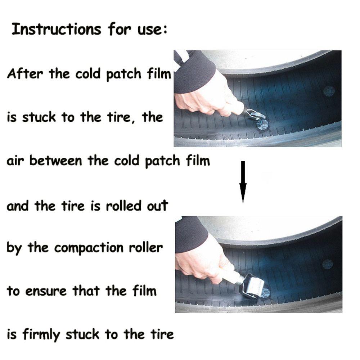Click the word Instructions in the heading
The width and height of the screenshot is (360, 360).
tap(56, 29)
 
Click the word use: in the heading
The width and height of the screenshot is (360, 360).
tap(153, 30)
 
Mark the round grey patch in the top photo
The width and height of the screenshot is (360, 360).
tap(329, 91)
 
